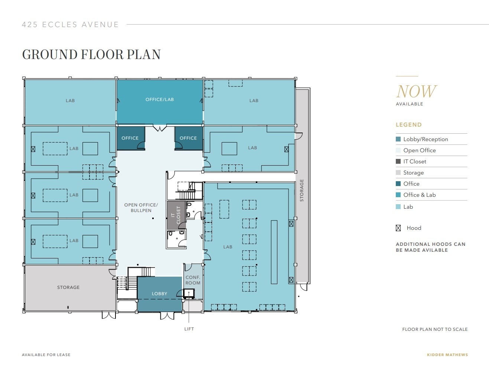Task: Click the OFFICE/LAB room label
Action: pyautogui.click(x=159, y=100)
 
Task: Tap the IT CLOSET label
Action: pyautogui.click(x=176, y=215)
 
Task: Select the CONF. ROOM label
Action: pyautogui.click(x=193, y=280)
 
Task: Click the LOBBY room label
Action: pyautogui.click(x=159, y=294)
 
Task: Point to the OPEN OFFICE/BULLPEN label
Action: pyautogui.click(x=141, y=208)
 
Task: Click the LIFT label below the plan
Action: pyautogui.click(x=189, y=329)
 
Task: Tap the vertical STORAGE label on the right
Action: pyautogui.click(x=301, y=190)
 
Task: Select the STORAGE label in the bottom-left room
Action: pyautogui.click(x=68, y=287)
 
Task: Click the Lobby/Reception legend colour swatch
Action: pyautogui.click(x=398, y=139)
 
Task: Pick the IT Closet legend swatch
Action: pyautogui.click(x=398, y=162)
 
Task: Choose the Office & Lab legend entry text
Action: pyautogui.click(x=419, y=195)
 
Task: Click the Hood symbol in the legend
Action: pyautogui.click(x=398, y=228)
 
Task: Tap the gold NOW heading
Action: pyautogui.click(x=416, y=91)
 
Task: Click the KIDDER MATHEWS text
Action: pyautogui.click(x=447, y=355)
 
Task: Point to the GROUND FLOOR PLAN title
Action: pyautogui.click(x=91, y=55)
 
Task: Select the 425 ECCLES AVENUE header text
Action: pyautogui.click(x=70, y=25)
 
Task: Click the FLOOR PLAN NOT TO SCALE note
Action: pyautogui.click(x=435, y=329)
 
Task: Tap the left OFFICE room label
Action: pyautogui.click(x=130, y=138)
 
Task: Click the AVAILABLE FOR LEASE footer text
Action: pyautogui.click(x=46, y=355)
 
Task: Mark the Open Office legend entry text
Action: pyautogui.click(x=419, y=150)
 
